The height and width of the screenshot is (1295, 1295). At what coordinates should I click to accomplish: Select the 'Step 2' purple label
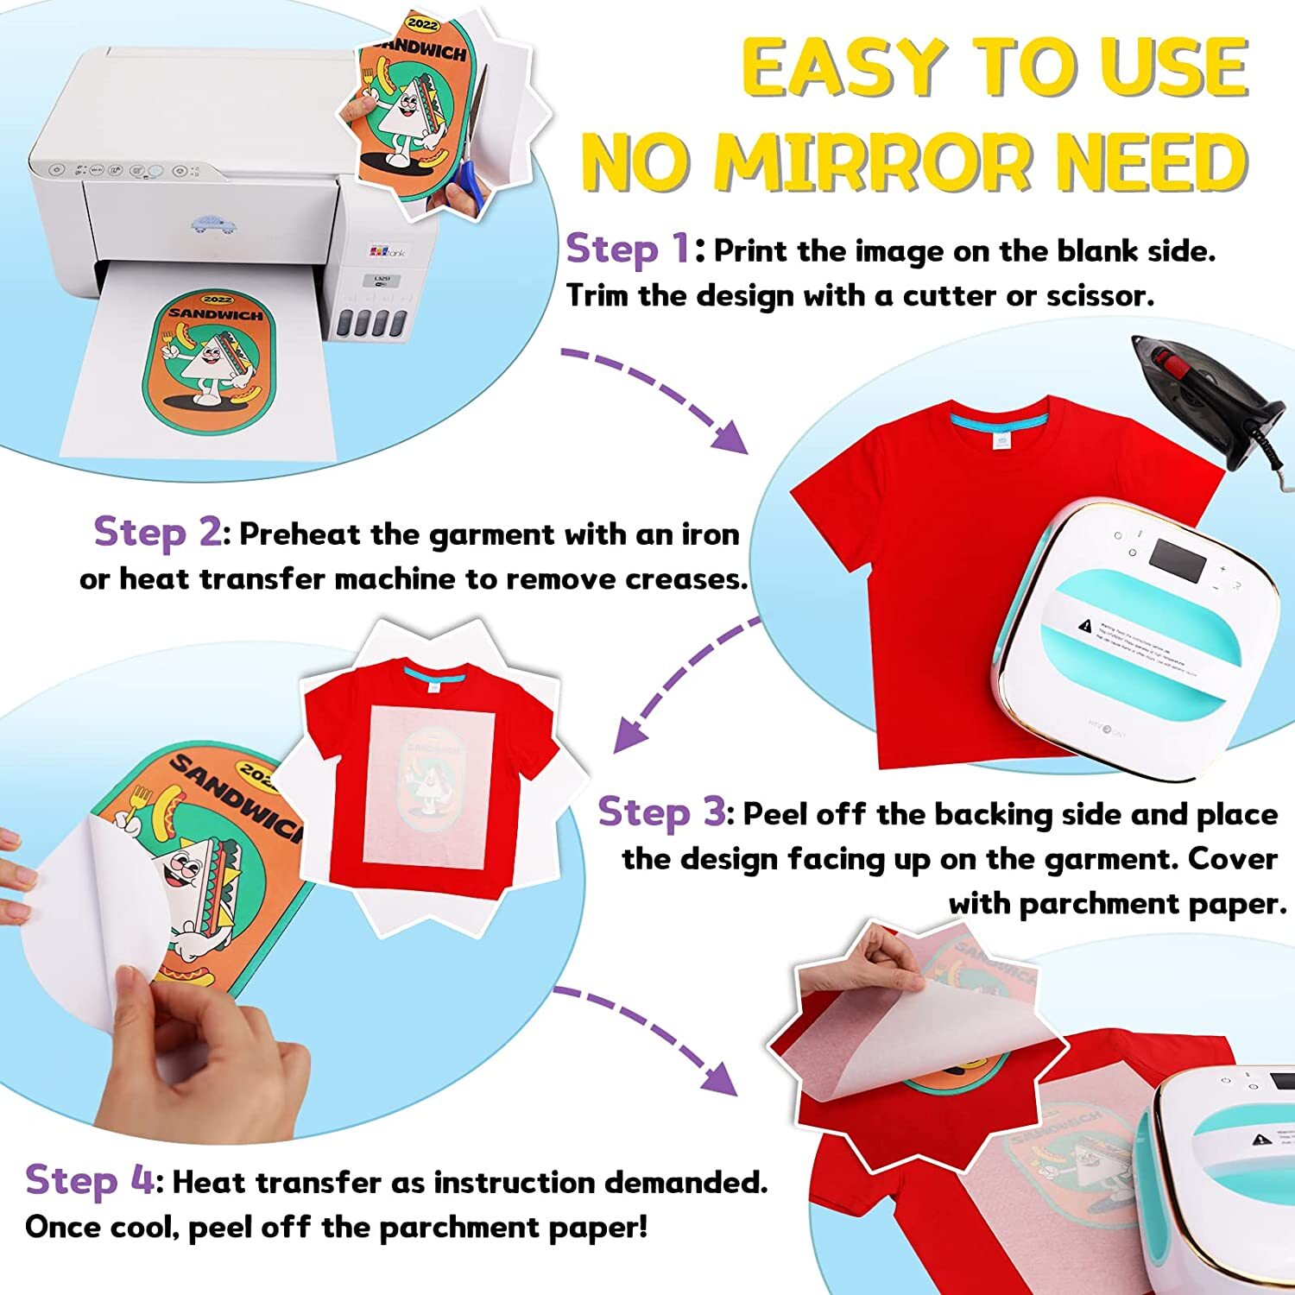click(x=157, y=532)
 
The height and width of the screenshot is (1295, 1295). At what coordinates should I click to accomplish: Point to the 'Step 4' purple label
click(x=89, y=1180)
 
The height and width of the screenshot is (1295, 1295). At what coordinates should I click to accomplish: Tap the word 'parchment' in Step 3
click(x=1090, y=904)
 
